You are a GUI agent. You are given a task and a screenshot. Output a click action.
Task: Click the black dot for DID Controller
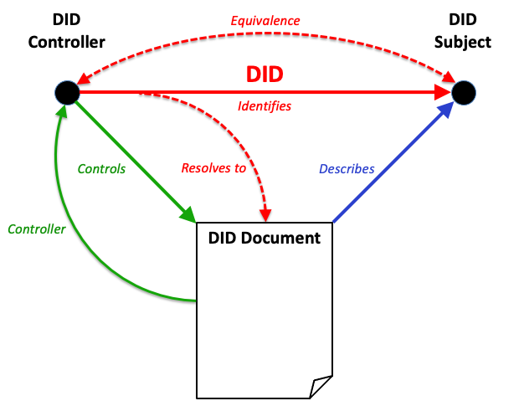pyautogui.click(x=66, y=92)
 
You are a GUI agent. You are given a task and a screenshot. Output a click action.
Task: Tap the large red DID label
pyautogui.click(x=265, y=74)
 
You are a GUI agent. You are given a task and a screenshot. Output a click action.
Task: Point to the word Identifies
pyautogui.click(x=265, y=106)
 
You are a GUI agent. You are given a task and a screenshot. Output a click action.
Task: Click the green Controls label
pyautogui.click(x=101, y=168)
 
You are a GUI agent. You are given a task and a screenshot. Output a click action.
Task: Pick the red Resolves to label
pyautogui.click(x=213, y=168)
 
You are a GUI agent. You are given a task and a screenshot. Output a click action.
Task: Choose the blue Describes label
pyautogui.click(x=347, y=168)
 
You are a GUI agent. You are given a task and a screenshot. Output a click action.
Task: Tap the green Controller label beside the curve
pyautogui.click(x=36, y=228)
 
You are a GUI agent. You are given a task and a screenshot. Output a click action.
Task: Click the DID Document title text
pyautogui.click(x=264, y=238)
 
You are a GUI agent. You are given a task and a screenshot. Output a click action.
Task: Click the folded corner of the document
pyautogui.click(x=321, y=388)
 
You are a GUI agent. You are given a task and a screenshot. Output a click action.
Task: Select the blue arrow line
pyautogui.click(x=393, y=159)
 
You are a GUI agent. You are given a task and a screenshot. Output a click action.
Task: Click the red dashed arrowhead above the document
pyautogui.click(x=265, y=213)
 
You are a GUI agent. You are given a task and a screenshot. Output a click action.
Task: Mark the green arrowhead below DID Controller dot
pyautogui.click(x=59, y=113)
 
